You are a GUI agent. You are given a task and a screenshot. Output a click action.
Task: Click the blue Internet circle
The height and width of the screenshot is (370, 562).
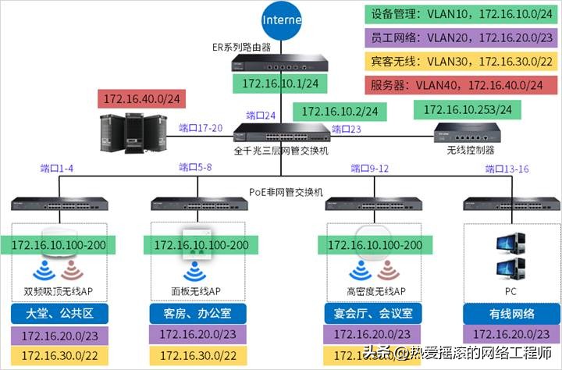280,19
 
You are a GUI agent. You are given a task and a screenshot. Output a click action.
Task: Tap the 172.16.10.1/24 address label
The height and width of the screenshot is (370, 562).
280,84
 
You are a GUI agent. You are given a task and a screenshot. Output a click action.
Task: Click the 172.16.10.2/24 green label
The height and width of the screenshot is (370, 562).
340,111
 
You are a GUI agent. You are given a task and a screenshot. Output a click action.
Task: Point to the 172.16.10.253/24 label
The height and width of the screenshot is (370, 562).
467,110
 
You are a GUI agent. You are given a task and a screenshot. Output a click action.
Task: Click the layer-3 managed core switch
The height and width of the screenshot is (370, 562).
280,133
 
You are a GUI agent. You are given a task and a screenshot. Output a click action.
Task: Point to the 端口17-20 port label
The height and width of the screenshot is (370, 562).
201,128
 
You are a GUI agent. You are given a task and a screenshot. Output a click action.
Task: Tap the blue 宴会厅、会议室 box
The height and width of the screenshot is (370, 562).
373,314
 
